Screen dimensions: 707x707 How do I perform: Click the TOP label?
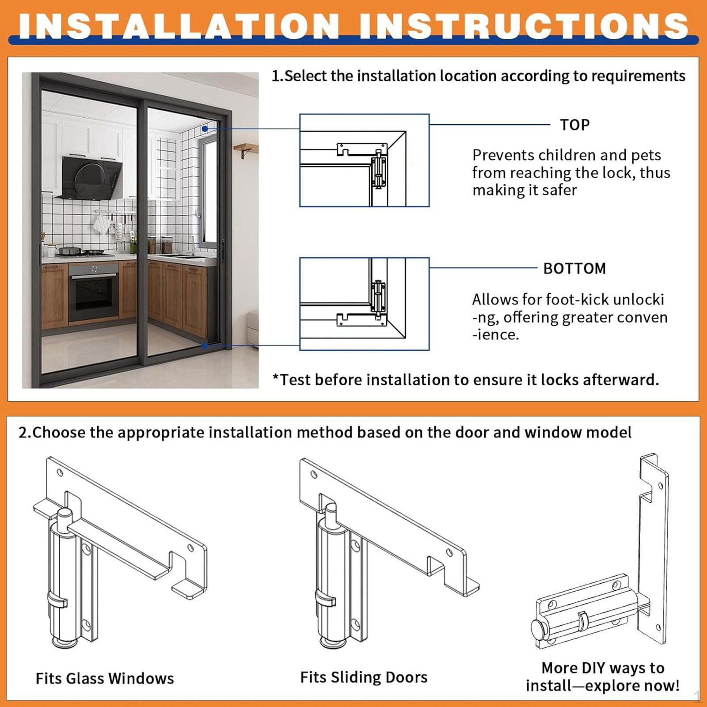[574, 125]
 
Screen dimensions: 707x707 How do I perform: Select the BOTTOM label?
[574, 269]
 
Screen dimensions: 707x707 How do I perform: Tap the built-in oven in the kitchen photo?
[94, 292]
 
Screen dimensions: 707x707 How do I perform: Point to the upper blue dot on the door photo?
[205, 129]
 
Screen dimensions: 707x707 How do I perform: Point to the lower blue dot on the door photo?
[205, 345]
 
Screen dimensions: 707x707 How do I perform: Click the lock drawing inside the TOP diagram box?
[379, 169]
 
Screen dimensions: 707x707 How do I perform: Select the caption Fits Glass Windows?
[105, 678]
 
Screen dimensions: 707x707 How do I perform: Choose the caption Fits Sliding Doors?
[364, 677]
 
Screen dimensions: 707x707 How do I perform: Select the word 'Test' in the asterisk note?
[296, 380]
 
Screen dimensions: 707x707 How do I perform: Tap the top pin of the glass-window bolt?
[65, 515]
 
